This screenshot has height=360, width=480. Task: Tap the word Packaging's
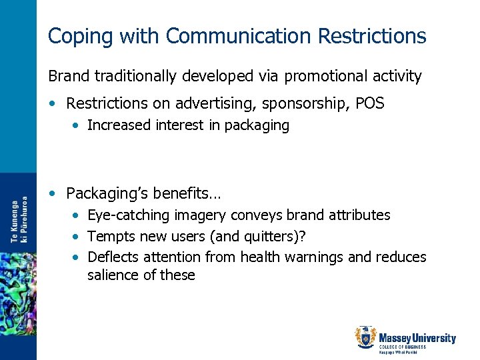(107, 194)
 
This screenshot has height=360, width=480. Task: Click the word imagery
(198, 215)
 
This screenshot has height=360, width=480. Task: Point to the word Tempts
(109, 236)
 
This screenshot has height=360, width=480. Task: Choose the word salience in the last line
(113, 275)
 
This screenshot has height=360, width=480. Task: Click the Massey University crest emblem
(365, 337)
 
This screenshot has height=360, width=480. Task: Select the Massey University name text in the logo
(417, 338)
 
